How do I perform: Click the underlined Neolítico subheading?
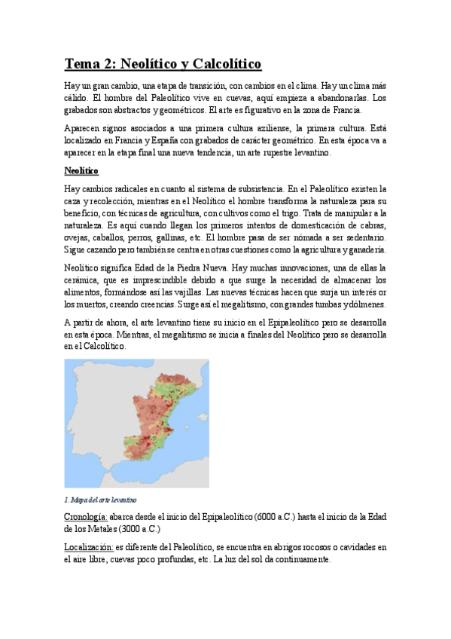[x=81, y=170]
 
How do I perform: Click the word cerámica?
[x=83, y=280]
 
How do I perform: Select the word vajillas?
[x=230, y=292]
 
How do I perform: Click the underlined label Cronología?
[x=85, y=516]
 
